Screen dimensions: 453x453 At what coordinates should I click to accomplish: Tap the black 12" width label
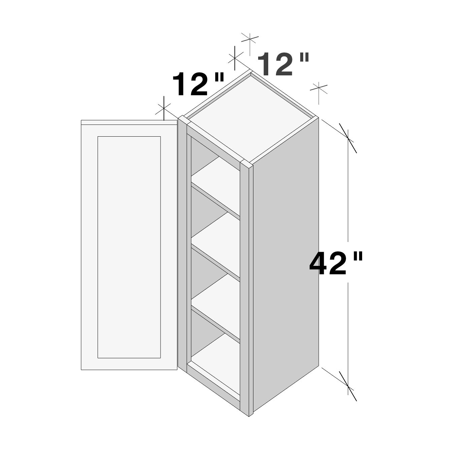click(x=198, y=84)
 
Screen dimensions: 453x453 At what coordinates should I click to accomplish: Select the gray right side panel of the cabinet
click(x=285, y=266)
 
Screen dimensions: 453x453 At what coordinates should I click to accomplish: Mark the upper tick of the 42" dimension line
click(x=348, y=138)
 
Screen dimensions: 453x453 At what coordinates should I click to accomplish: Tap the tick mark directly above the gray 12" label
click(x=250, y=38)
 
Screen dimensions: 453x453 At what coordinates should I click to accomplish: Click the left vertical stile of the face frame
click(x=182, y=242)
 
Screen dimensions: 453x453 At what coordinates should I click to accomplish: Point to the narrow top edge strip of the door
click(x=129, y=122)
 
